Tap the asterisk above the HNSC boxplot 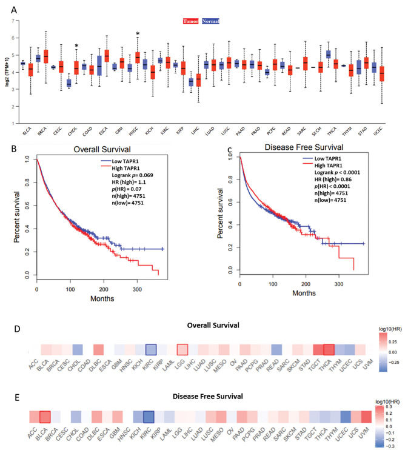point(138,34)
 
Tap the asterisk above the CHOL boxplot point(76,46)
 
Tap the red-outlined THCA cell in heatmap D point(329,350)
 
